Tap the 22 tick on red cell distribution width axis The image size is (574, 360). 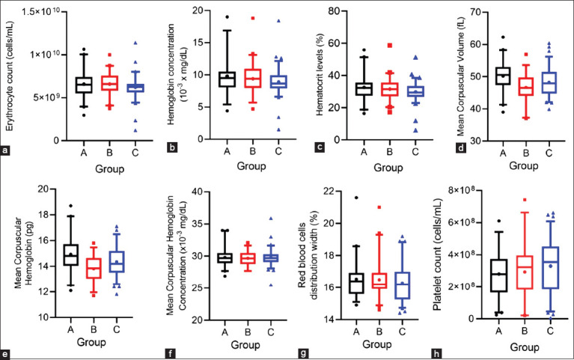coord(340,192)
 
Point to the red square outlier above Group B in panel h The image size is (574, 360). coord(525,201)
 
